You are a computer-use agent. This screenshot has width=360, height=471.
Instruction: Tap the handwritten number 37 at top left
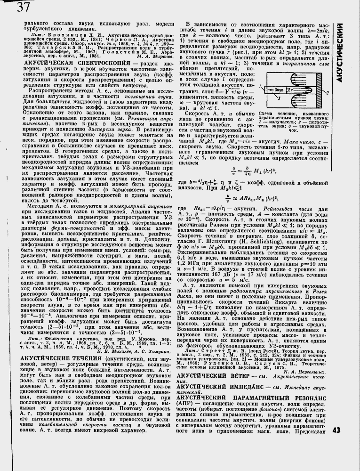tap(23, 8)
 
